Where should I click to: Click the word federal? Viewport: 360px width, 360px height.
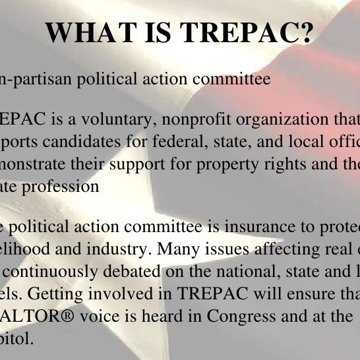point(155,142)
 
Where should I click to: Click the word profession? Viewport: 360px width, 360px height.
point(64,186)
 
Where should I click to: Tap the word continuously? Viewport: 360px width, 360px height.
point(53,272)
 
